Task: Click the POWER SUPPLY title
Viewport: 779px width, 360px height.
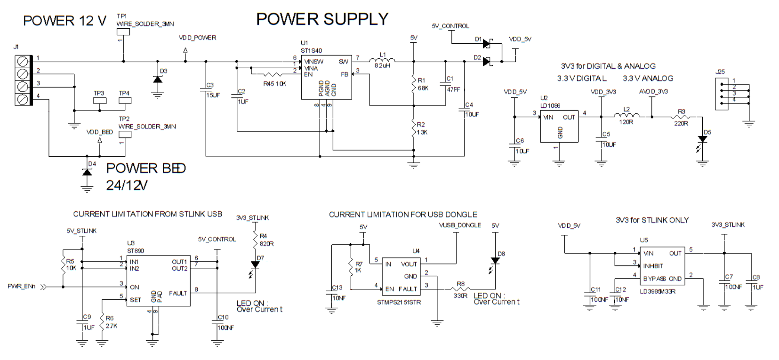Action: pyautogui.click(x=322, y=19)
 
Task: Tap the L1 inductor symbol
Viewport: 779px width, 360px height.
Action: pyautogui.click(x=382, y=60)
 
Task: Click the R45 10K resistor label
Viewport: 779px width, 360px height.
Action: pyautogui.click(x=274, y=84)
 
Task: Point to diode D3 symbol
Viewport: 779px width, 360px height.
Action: pyautogui.click(x=158, y=79)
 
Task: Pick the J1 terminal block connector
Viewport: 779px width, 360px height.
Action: pyautogui.click(x=23, y=80)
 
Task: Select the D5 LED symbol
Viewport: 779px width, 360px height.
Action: pyautogui.click(x=703, y=139)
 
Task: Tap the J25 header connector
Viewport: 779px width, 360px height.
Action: pyautogui.click(x=722, y=93)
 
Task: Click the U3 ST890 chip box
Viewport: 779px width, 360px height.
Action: pyautogui.click(x=158, y=280)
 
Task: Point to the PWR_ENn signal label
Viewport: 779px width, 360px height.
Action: pyautogui.click(x=22, y=286)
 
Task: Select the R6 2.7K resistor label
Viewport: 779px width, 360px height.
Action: pyautogui.click(x=111, y=322)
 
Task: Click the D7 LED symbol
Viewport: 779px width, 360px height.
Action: pyautogui.click(x=255, y=265)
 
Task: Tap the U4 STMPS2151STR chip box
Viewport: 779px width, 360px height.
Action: pyautogui.click(x=401, y=277)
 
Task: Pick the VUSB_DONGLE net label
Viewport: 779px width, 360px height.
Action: pyautogui.click(x=460, y=225)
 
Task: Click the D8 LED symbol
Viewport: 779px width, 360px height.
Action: pyautogui.click(x=495, y=261)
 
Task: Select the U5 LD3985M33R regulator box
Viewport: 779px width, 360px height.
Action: pyautogui.click(x=662, y=266)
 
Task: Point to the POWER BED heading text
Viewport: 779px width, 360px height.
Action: pyautogui.click(x=146, y=168)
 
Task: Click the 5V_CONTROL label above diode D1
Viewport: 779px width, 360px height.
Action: pyautogui.click(x=450, y=26)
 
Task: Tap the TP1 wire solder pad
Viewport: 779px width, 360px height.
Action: pyautogui.click(x=123, y=32)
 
